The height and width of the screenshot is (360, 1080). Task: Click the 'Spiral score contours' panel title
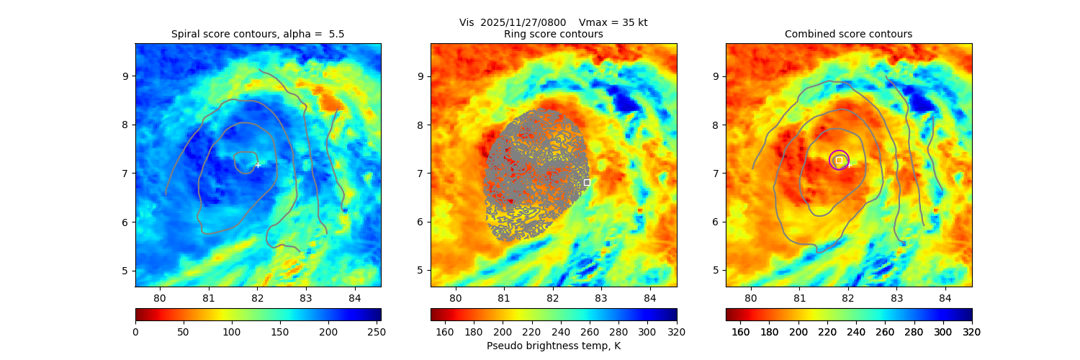point(258,34)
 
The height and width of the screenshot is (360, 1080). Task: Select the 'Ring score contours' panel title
point(553,34)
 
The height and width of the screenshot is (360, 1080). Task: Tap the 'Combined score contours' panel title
point(848,34)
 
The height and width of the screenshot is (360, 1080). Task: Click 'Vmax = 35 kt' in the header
point(613,22)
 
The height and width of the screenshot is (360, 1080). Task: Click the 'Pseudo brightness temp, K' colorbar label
point(553,346)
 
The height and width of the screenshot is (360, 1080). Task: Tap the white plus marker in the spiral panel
point(258,165)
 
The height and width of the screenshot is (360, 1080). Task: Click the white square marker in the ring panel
point(587,182)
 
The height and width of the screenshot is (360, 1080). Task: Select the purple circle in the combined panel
point(839,160)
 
